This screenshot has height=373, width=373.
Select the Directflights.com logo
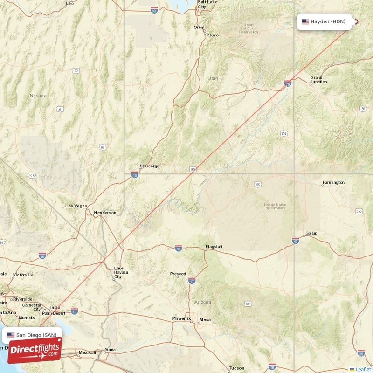(x=35, y=351)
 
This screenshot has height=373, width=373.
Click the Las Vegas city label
(x=76, y=206)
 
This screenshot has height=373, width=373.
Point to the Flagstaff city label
(x=214, y=246)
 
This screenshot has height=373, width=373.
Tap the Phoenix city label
(x=181, y=318)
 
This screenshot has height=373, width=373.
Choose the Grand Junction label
(x=318, y=80)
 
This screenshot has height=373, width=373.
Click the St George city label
(x=149, y=166)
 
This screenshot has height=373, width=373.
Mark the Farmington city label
(x=333, y=182)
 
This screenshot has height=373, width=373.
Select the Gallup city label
(x=311, y=233)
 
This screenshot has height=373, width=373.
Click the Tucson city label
(x=236, y=368)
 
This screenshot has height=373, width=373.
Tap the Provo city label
(x=213, y=35)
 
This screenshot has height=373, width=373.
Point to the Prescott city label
(x=178, y=274)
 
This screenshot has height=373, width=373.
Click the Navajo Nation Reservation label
(x=275, y=206)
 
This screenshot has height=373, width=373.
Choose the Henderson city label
(x=105, y=213)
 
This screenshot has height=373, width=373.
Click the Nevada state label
(x=38, y=96)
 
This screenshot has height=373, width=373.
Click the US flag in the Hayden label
(x=305, y=21)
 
